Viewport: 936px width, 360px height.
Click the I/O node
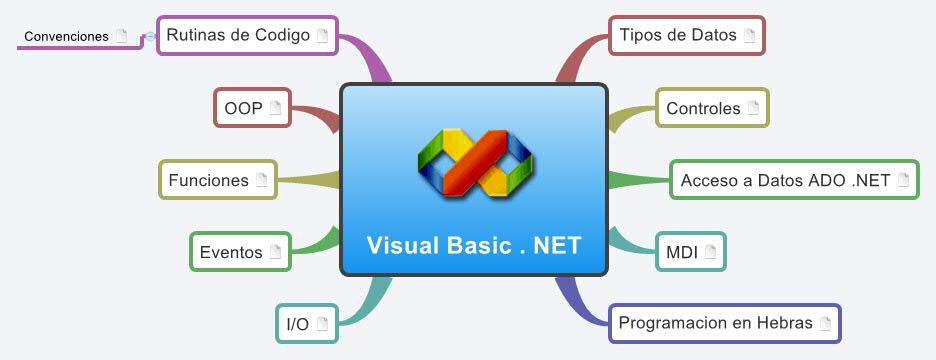click(306, 324)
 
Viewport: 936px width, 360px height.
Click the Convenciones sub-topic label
click(66, 36)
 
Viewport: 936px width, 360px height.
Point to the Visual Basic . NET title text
click(473, 245)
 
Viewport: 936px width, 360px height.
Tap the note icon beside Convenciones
click(121, 36)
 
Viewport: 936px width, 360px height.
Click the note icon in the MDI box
click(711, 252)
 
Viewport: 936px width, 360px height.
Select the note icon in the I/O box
click(322, 324)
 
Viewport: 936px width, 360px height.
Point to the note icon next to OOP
click(275, 108)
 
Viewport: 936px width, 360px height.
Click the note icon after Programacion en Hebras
click(825, 323)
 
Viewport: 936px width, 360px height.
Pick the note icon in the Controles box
click(753, 108)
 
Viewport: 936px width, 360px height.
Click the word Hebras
click(785, 323)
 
